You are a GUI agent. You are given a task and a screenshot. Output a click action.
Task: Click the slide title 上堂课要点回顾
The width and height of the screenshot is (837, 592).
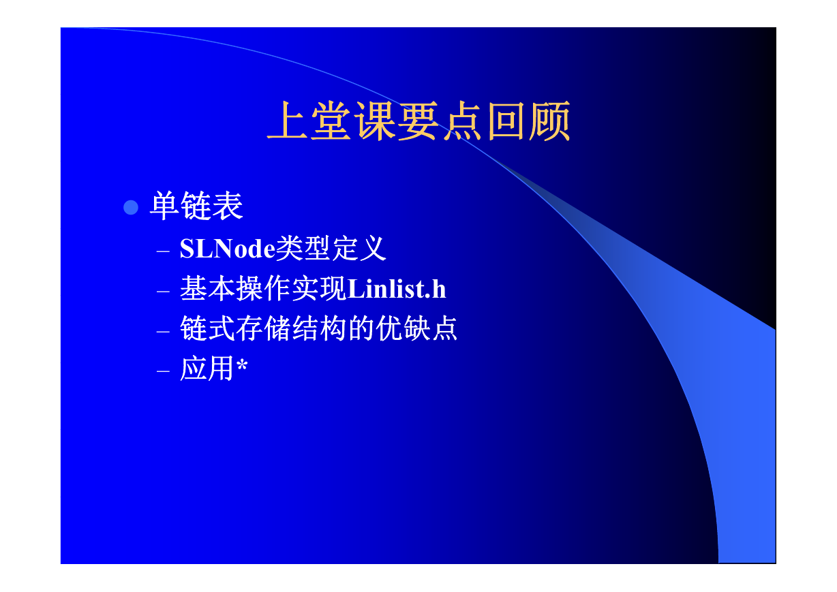(x=418, y=121)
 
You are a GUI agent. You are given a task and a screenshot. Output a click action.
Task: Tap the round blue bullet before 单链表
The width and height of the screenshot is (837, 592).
(x=131, y=207)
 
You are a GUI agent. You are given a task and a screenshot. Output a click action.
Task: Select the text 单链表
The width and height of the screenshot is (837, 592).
(x=196, y=206)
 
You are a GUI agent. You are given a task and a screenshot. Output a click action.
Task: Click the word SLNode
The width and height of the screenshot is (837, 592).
(x=227, y=249)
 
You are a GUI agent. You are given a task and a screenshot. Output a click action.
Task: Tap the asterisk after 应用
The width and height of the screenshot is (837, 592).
(x=242, y=364)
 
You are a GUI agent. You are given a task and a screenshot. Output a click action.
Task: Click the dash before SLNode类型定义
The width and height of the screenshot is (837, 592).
(x=163, y=251)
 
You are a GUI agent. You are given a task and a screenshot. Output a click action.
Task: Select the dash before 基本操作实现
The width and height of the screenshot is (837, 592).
(x=163, y=291)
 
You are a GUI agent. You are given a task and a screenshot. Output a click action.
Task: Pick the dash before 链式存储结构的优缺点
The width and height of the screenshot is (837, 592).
(x=163, y=331)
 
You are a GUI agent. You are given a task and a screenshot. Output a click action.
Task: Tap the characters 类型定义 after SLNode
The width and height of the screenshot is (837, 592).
(x=331, y=248)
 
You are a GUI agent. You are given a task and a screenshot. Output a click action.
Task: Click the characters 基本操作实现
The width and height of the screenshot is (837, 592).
(x=263, y=288)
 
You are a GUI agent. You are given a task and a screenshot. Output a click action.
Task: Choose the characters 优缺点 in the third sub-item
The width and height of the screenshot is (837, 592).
(x=416, y=328)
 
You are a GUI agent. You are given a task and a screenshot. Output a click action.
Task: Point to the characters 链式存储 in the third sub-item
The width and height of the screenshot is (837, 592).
(x=235, y=328)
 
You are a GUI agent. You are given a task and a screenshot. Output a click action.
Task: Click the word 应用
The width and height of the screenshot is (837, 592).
(x=207, y=369)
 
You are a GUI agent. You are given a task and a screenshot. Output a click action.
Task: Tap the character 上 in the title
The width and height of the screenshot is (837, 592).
(x=288, y=121)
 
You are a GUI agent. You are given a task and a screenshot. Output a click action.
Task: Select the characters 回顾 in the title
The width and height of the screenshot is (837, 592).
(x=529, y=121)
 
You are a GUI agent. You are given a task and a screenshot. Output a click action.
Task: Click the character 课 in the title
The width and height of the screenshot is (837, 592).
(x=375, y=121)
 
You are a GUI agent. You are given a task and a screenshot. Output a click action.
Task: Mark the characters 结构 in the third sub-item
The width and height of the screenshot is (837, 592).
(x=320, y=328)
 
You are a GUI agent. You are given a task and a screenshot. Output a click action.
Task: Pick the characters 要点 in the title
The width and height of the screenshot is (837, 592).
(x=440, y=121)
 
